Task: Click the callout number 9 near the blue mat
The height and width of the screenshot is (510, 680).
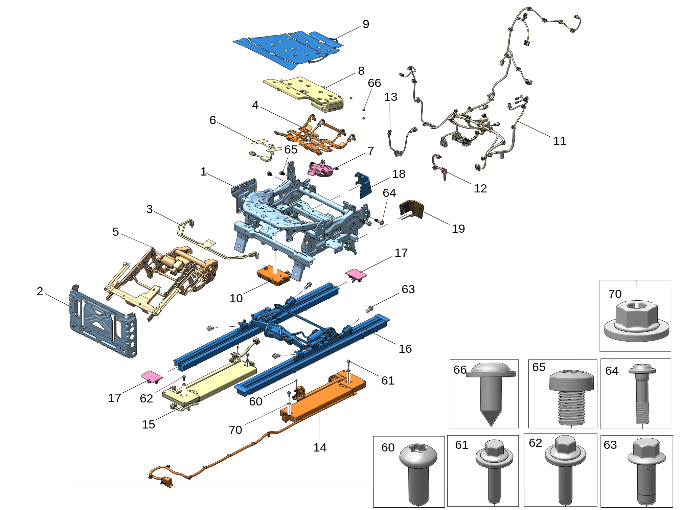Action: click(x=366, y=24)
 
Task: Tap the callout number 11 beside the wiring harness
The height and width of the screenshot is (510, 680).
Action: click(x=560, y=141)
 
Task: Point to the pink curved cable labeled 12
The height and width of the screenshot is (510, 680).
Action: click(x=439, y=167)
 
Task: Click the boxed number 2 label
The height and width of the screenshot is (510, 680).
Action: click(x=40, y=291)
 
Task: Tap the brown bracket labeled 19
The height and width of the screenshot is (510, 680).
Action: click(x=412, y=209)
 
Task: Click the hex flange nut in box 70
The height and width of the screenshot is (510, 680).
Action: click(x=636, y=321)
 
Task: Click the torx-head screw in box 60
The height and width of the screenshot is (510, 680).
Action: click(x=419, y=473)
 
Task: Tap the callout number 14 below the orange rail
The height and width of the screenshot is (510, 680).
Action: click(x=320, y=447)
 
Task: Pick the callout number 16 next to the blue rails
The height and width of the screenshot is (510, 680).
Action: click(x=405, y=349)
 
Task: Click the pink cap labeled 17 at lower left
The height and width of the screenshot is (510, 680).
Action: click(x=151, y=376)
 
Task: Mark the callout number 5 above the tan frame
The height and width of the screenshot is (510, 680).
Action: click(x=116, y=232)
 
